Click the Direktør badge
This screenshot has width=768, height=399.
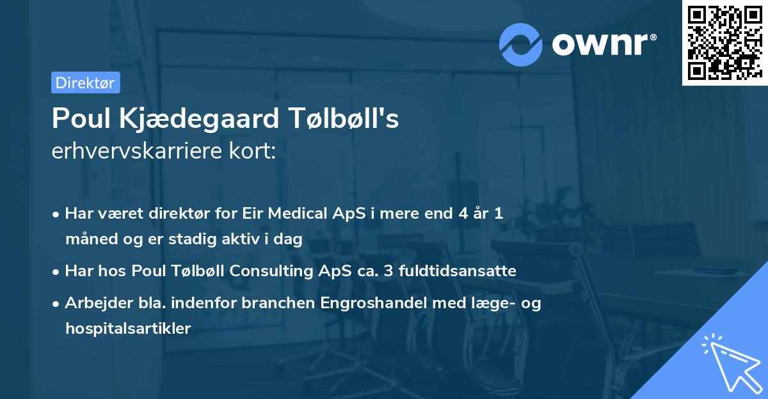click(85, 82)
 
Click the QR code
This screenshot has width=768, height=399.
click(724, 43)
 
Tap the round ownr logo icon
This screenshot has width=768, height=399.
click(521, 44)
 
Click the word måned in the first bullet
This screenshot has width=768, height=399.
click(90, 239)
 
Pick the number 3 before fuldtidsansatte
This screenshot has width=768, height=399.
click(388, 271)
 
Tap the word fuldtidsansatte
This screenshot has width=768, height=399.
click(457, 271)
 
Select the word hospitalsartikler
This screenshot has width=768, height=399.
click(128, 329)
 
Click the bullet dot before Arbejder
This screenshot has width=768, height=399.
click(57, 304)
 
